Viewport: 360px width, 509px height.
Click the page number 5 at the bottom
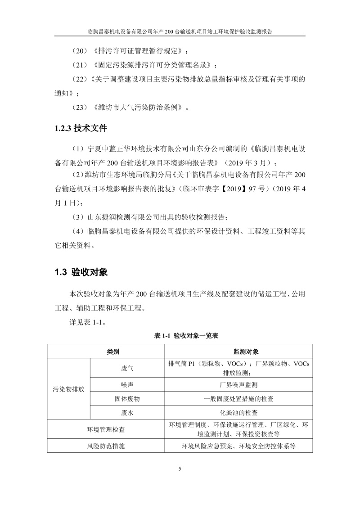click(180, 469)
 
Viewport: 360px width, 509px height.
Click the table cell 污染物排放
click(68, 389)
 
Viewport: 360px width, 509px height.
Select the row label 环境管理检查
click(106, 429)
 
